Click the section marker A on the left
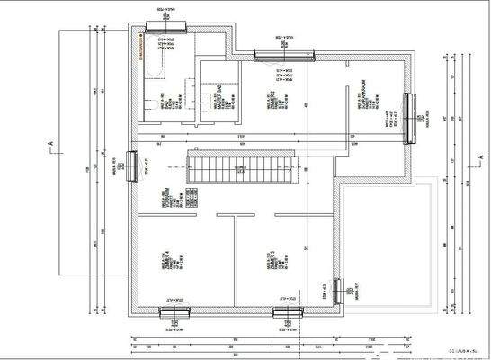52,143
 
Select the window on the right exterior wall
409,117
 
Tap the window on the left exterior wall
132,166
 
